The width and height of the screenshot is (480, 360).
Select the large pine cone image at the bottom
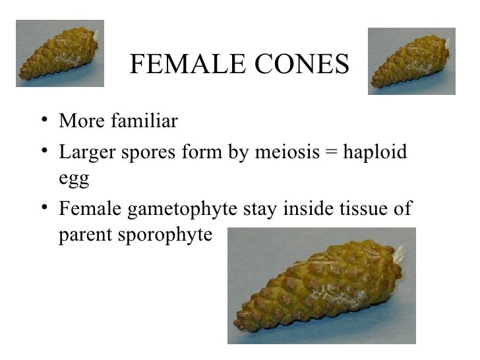[322, 285]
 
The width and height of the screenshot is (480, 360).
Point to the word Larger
[82, 152]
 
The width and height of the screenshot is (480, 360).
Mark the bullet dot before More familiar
[43, 123]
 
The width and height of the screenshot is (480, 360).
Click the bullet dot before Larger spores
[43, 154]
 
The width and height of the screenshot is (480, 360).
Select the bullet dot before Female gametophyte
[43, 209]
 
